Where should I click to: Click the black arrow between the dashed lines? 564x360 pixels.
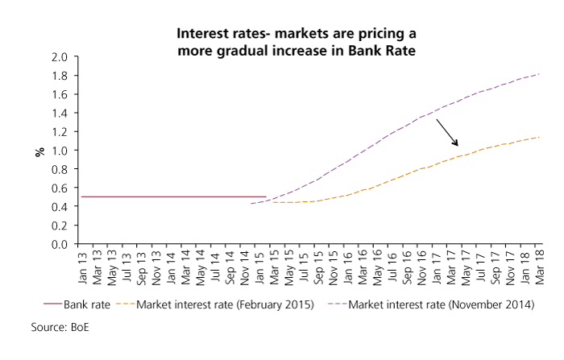coord(447,133)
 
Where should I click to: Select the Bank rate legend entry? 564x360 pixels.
coord(77,304)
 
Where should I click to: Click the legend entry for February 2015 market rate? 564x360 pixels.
coord(215,304)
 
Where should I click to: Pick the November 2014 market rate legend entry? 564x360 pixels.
coord(431,304)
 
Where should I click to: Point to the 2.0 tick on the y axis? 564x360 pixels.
coord(60,57)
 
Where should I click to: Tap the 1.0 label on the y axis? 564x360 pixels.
coord(60,151)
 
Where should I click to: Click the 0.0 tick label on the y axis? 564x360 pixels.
coord(60,245)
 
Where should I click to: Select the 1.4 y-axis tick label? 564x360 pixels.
coord(60,113)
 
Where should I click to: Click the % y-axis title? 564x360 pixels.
coord(40,151)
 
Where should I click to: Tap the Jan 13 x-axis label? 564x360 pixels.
coord(82,268)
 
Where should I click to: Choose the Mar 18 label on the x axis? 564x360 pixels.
coord(540,267)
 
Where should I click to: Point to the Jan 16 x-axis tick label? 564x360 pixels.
coord(348,268)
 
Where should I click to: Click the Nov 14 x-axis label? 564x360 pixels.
coord(245,267)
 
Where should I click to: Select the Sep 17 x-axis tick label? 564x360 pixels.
coord(496,267)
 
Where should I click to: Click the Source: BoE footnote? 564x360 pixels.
coord(60,327)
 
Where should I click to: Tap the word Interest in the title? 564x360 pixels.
coord(198,34)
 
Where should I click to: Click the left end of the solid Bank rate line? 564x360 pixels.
coord(81,197)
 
